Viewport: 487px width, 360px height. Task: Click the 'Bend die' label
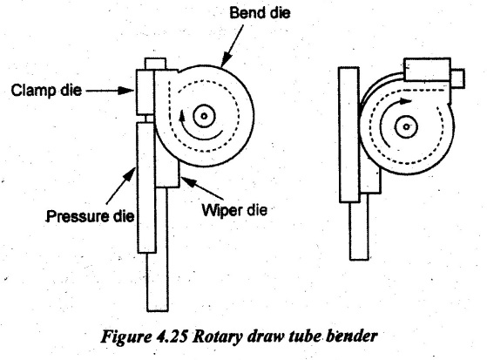(260, 13)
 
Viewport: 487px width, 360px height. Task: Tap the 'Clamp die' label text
(46, 91)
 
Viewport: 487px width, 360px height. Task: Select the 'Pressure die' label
(91, 216)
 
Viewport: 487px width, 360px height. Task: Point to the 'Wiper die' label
(234, 210)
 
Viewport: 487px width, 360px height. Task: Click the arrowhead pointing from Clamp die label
(128, 91)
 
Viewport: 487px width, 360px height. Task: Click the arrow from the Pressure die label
(121, 186)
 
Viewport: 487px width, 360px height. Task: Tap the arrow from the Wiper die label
(202, 187)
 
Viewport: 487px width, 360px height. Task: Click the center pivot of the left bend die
(204, 116)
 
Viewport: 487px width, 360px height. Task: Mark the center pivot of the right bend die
(406, 126)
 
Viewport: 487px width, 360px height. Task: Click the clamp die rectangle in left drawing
(145, 92)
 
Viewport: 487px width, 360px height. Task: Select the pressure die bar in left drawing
(146, 187)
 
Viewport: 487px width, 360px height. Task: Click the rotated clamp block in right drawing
(428, 70)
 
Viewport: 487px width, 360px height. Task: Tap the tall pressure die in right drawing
(349, 134)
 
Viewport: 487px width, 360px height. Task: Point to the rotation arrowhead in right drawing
(405, 101)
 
